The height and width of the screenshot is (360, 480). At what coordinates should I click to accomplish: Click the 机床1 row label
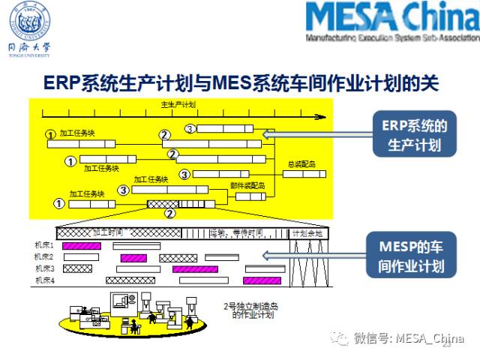[43, 246]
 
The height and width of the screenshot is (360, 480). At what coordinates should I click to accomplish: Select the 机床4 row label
[43, 280]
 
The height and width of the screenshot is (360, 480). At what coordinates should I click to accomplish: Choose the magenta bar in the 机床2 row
[133, 257]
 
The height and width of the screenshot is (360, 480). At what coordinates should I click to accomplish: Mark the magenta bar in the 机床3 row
[194, 268]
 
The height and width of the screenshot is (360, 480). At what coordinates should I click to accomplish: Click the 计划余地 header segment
[307, 233]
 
